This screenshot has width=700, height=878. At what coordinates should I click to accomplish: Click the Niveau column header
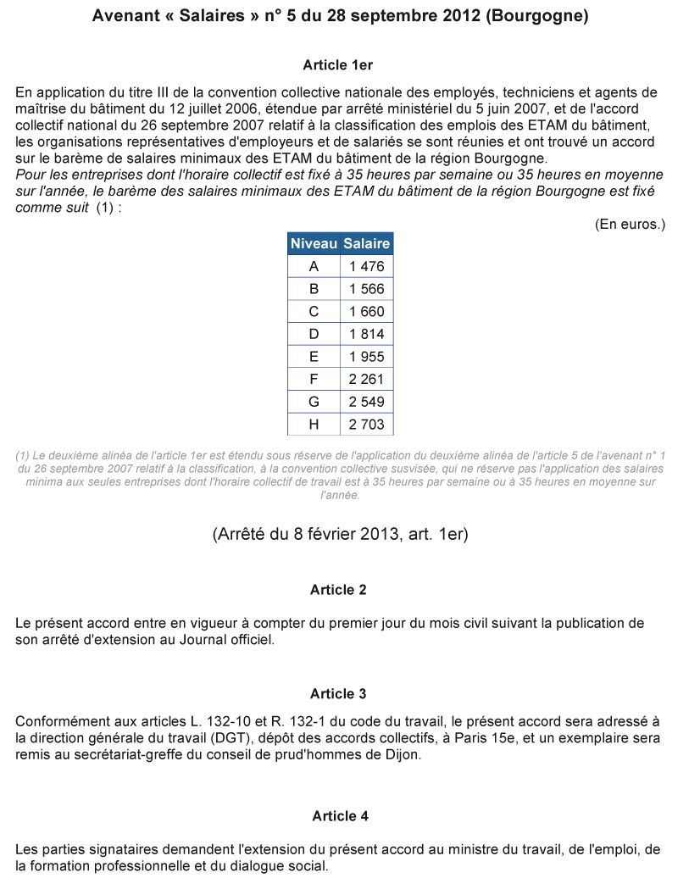pyautogui.click(x=314, y=244)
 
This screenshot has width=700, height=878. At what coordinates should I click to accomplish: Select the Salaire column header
pyautogui.click(x=366, y=244)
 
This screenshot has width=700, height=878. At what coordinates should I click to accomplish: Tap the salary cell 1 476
pyautogui.click(x=366, y=266)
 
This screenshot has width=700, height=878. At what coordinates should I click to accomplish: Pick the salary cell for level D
pyautogui.click(x=366, y=334)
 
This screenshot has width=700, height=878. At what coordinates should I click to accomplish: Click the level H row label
pyautogui.click(x=314, y=424)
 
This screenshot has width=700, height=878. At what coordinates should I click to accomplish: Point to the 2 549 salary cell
pyautogui.click(x=366, y=402)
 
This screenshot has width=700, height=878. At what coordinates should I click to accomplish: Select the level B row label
pyautogui.click(x=314, y=289)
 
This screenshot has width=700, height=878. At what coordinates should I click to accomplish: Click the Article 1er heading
pyautogui.click(x=337, y=65)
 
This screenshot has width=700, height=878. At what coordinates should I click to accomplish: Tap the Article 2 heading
pyautogui.click(x=338, y=590)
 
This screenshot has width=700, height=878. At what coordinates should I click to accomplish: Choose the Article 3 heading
pyautogui.click(x=338, y=694)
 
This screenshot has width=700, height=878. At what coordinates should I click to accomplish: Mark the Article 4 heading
pyautogui.click(x=340, y=816)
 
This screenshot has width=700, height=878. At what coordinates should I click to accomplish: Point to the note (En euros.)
pyautogui.click(x=630, y=225)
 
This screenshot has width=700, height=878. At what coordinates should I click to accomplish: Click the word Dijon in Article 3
pyautogui.click(x=402, y=756)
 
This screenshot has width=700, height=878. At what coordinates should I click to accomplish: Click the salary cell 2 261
pyautogui.click(x=366, y=379)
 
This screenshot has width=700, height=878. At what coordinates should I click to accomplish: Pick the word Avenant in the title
pyautogui.click(x=123, y=16)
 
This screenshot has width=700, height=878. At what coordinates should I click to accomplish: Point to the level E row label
pyautogui.click(x=314, y=357)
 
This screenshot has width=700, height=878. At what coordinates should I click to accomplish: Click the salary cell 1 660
pyautogui.click(x=366, y=312)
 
